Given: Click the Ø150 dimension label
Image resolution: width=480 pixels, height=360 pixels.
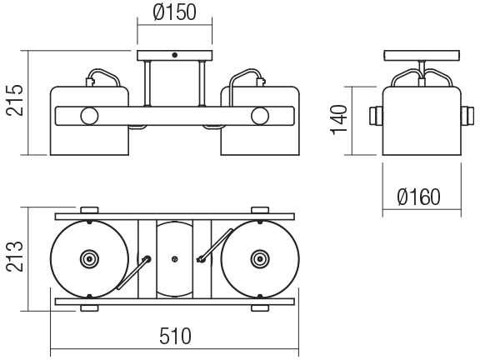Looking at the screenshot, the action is click(174, 12).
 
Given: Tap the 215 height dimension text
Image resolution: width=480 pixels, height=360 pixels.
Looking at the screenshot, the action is click(15, 100).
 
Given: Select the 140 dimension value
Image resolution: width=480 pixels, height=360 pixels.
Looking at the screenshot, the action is click(339, 119).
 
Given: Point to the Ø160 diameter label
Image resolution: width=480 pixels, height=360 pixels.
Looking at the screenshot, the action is click(419, 197).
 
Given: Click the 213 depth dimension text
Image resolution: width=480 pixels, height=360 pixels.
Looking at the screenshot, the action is click(15, 257).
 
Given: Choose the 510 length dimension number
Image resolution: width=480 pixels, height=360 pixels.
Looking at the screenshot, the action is click(175, 336).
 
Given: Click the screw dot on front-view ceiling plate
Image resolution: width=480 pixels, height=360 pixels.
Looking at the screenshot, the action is click(174, 55).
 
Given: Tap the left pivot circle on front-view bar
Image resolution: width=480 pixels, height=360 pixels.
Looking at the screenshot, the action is click(89, 116).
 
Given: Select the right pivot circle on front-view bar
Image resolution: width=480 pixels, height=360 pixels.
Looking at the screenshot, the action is click(260, 116).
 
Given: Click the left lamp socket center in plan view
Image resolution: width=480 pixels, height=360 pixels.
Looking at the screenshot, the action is click(89, 259).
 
